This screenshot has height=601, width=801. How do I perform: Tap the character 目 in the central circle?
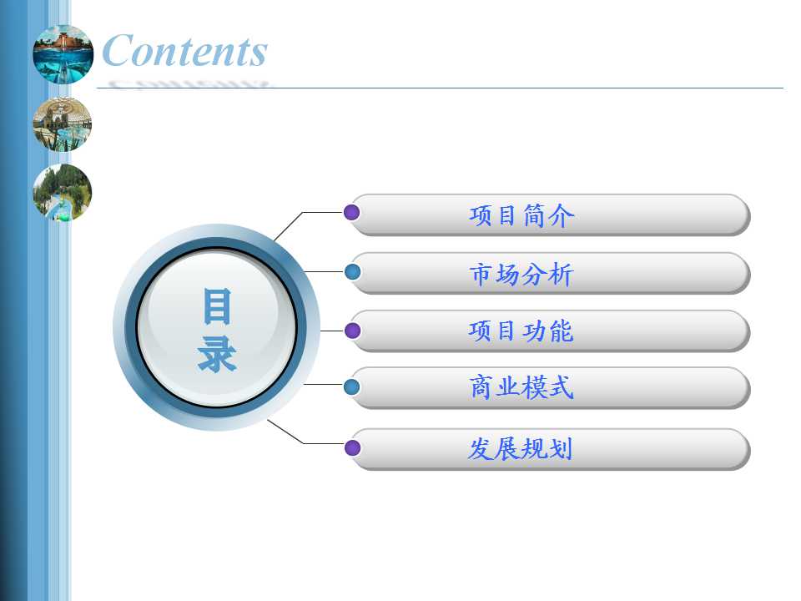(x=217, y=306)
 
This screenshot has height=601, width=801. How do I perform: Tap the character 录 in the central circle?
(x=217, y=354)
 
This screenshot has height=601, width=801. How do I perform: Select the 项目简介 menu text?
(x=521, y=215)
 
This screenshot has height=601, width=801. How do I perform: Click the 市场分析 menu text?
(x=521, y=274)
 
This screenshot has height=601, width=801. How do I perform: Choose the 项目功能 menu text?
(x=521, y=331)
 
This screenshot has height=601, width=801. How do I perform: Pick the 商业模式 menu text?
(x=521, y=387)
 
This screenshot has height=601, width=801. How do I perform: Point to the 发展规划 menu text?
(x=520, y=449)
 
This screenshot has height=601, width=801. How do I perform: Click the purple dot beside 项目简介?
(x=351, y=212)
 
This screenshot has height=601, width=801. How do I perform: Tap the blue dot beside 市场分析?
(x=352, y=272)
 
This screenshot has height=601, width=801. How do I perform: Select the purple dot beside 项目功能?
(x=352, y=331)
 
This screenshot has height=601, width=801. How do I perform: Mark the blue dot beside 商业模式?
(x=351, y=386)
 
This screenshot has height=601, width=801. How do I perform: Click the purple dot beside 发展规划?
(x=352, y=448)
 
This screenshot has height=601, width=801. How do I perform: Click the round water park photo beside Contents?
(x=63, y=54)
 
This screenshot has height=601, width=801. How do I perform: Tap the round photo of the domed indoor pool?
(x=63, y=124)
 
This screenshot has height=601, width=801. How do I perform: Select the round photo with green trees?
(x=63, y=193)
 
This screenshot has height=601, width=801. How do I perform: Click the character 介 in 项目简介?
(x=562, y=215)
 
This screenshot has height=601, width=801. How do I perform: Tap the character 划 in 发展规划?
(x=561, y=449)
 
